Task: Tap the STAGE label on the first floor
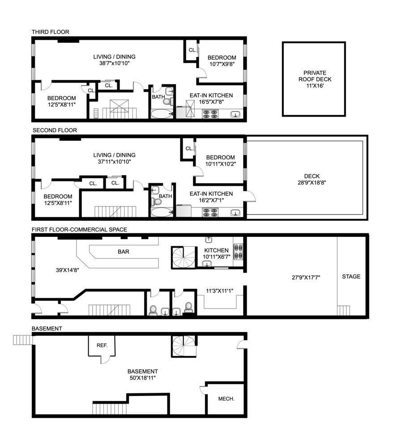coord(351,277)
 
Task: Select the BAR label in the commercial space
coord(124,252)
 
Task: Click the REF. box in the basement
coord(101,345)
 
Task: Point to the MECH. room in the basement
coord(226,399)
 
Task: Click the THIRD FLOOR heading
coord(50,32)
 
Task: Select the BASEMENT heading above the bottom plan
coord(47,329)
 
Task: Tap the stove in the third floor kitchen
coord(210,115)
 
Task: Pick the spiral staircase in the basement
coord(184,346)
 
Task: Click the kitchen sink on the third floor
coord(235,115)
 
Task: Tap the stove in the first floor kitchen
coord(238,252)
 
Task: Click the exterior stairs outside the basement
coord(23,340)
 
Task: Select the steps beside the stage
coord(343,310)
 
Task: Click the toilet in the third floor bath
coord(167,101)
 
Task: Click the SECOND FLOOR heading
coord(55,131)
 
